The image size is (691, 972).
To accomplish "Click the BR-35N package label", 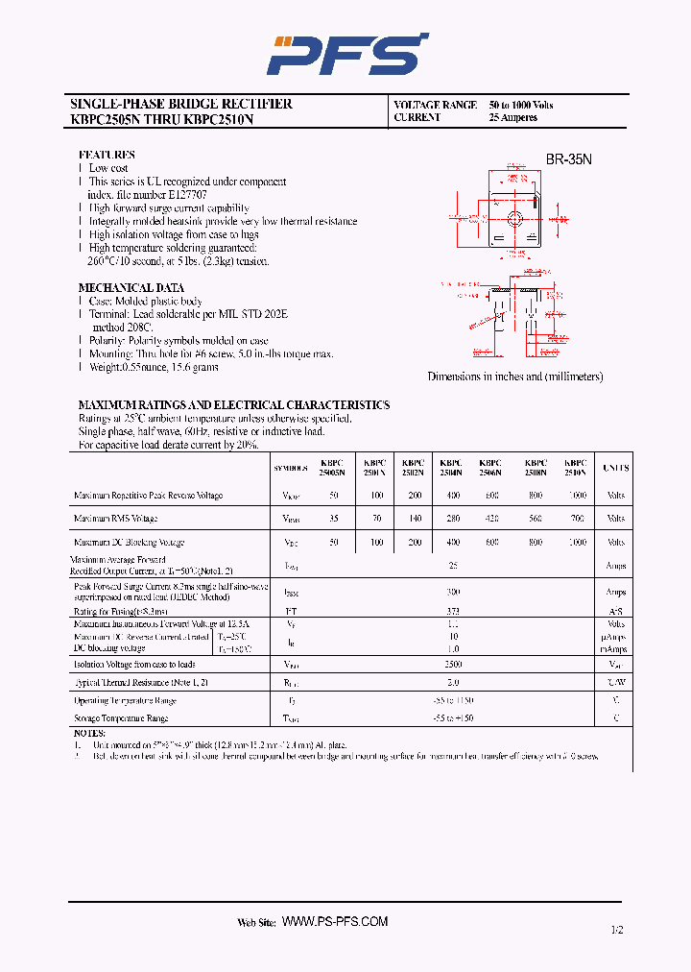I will (569, 160).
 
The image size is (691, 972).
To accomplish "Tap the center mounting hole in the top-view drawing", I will (513, 217).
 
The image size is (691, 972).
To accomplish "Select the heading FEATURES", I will (106, 155).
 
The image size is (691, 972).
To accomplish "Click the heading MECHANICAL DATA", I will (131, 288).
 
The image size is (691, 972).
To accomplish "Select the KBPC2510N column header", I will (575, 467).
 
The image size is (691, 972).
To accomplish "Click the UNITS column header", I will (615, 468).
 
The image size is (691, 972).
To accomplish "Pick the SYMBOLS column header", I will (291, 469).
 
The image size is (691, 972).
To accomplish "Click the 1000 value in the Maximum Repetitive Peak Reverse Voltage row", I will (576, 496).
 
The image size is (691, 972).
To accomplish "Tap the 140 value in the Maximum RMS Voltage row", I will (414, 519).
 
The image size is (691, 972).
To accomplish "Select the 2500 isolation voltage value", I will (453, 664).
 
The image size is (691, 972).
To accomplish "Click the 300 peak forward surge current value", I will (453, 593).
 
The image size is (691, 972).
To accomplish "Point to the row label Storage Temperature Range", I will (121, 718).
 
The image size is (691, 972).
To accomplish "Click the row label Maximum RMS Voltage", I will (115, 519).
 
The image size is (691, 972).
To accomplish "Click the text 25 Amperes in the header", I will (512, 118).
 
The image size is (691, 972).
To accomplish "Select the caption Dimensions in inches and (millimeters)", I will (515, 377).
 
